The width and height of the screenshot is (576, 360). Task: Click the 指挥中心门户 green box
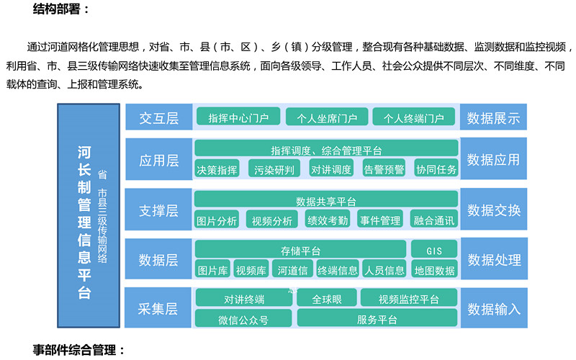click(x=238, y=117)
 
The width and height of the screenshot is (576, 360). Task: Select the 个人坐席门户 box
click(x=327, y=117)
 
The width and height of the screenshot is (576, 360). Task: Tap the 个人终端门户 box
click(x=413, y=117)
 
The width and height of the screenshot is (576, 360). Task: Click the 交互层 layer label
click(x=158, y=117)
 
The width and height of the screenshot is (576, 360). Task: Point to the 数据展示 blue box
click(x=493, y=117)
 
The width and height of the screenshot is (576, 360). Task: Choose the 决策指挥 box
click(x=217, y=168)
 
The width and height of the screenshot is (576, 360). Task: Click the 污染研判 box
click(x=274, y=168)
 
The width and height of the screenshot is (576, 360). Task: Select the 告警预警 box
click(x=384, y=168)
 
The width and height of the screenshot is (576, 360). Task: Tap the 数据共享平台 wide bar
click(x=326, y=199)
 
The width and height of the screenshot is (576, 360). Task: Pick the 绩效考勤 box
click(x=328, y=219)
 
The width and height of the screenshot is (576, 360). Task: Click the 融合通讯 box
click(x=434, y=219)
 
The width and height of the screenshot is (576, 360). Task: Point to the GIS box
click(x=434, y=249)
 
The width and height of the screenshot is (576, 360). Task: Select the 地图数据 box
click(x=434, y=269)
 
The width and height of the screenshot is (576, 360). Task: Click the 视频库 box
click(x=251, y=269)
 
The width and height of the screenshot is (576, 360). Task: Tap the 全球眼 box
click(x=327, y=297)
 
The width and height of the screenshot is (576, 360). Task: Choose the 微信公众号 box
click(x=243, y=318)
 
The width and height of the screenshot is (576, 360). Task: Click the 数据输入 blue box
click(x=494, y=308)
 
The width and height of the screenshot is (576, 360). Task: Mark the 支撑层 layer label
click(x=158, y=210)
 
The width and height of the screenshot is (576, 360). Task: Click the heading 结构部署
click(x=60, y=8)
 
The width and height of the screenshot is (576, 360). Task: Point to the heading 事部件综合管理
click(x=78, y=349)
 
